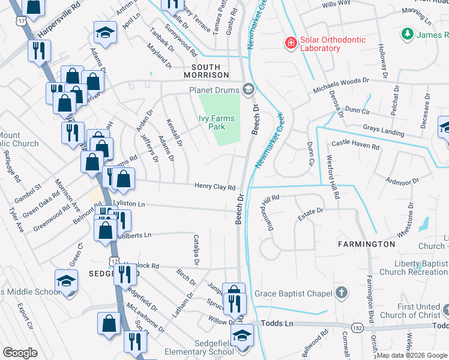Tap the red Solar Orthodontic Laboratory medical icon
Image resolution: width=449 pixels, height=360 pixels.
pyautogui.click(x=291, y=43)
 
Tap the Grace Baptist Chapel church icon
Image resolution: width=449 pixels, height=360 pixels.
pyautogui.click(x=341, y=293)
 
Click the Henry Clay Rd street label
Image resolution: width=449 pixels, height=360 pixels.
pyautogui.click(x=214, y=187)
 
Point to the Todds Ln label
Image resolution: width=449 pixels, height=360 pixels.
pyautogui.click(x=280, y=323)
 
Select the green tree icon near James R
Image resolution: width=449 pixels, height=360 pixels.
pyautogui.click(x=408, y=34)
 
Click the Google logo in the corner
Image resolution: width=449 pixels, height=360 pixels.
pyautogui.click(x=20, y=353)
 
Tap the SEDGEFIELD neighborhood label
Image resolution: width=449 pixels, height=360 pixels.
pyautogui.click(x=97, y=273)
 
